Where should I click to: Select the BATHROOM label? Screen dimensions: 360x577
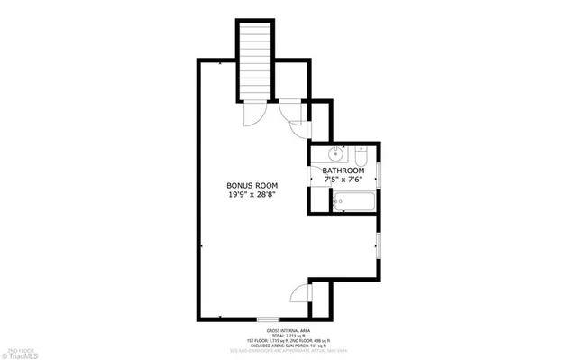click(343, 171)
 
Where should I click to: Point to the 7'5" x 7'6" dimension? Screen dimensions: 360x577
click(343, 180)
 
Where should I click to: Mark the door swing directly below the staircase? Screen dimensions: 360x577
click(256, 114)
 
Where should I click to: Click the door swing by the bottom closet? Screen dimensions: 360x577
click(299, 293)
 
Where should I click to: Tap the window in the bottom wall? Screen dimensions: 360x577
click(267, 319)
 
